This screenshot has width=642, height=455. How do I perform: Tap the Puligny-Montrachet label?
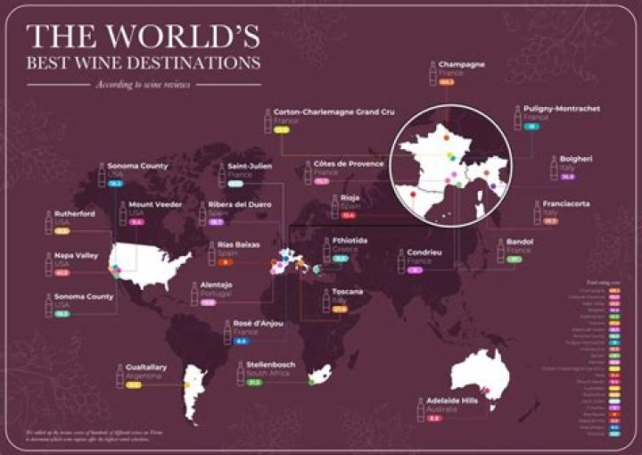click(562, 109)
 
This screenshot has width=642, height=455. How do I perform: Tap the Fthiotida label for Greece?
click(348, 241)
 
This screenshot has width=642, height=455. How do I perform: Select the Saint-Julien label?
click(250, 165)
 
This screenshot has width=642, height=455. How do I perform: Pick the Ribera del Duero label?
click(237, 204)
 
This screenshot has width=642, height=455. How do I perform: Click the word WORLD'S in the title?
click(179, 37)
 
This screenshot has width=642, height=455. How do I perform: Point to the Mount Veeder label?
click(155, 204)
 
